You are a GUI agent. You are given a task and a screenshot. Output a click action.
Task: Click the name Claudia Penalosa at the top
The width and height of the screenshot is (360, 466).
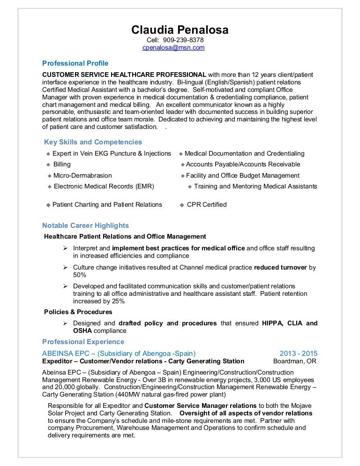point(180,30)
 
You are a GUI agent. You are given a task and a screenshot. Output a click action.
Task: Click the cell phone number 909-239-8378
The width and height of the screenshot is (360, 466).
point(183,40)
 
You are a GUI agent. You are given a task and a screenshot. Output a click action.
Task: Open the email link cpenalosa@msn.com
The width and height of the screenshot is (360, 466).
point(173,48)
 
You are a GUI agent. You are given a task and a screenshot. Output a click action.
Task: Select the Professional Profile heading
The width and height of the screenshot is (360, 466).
point(75,63)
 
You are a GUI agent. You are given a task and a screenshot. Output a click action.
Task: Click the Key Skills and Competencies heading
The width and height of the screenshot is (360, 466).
point(93,142)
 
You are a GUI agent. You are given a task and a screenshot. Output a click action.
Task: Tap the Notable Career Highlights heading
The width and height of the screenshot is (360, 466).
point(85,225)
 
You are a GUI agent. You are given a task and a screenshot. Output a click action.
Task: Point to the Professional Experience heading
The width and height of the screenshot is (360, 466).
point(83,341)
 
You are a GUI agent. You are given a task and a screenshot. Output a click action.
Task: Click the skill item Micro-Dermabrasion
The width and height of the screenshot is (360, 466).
point(82,175)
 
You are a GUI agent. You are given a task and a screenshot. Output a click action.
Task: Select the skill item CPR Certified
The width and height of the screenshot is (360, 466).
point(207,204)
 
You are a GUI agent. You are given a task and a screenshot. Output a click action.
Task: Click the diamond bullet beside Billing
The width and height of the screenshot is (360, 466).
point(48,165)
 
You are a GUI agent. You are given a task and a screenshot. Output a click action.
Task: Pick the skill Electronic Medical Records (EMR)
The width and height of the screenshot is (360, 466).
point(104,186)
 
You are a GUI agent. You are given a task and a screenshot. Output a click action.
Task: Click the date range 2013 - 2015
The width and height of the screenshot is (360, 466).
point(298,353)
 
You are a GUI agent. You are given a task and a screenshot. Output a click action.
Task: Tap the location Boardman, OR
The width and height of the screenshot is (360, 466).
point(295,361)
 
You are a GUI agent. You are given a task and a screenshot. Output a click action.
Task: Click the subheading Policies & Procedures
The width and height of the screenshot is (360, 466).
point(78,312)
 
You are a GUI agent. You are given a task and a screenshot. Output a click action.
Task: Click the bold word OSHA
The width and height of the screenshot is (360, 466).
point(82,331)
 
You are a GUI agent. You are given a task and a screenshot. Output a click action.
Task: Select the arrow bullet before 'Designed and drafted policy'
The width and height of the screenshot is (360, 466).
point(65,323)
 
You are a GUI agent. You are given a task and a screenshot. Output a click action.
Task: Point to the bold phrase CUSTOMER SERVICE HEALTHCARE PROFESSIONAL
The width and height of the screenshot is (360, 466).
point(124,75)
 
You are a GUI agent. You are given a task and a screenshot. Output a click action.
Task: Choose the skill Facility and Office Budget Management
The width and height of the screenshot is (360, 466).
point(242,175)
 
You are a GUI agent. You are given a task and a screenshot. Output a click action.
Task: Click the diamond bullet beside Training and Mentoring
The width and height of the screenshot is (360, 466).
point(190,187)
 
